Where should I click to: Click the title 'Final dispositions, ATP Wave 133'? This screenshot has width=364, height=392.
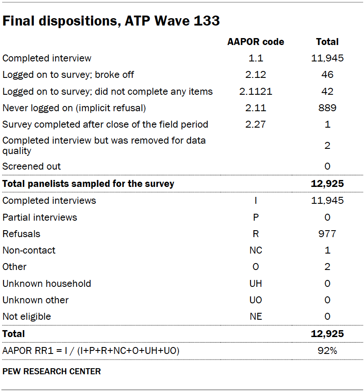point(111,21)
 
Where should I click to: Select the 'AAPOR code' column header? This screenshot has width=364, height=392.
point(256,42)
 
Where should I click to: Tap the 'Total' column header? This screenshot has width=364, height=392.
point(327,42)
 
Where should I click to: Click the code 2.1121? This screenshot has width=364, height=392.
point(256,91)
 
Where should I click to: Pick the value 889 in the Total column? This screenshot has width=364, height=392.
point(327,108)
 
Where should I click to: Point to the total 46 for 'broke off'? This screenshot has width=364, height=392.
point(327,75)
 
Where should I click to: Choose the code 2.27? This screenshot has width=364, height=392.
point(256,125)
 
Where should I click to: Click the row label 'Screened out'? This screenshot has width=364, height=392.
point(32,167)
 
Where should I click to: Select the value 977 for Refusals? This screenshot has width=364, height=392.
point(327,234)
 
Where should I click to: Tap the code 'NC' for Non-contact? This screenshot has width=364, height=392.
point(256,251)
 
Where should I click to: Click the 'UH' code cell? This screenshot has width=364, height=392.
point(256,284)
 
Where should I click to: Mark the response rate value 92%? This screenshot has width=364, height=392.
point(327,350)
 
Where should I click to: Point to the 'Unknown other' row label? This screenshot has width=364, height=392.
point(36,300)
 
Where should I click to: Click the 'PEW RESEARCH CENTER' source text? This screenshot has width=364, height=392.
point(52,372)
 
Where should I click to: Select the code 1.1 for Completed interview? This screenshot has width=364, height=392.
point(256,58)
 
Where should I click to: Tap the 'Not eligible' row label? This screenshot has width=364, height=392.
point(27,317)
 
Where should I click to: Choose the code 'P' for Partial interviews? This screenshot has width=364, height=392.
point(256,218)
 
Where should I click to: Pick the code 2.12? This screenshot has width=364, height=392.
point(256,75)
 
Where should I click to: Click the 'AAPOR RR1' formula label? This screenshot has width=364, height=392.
point(91,350)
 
